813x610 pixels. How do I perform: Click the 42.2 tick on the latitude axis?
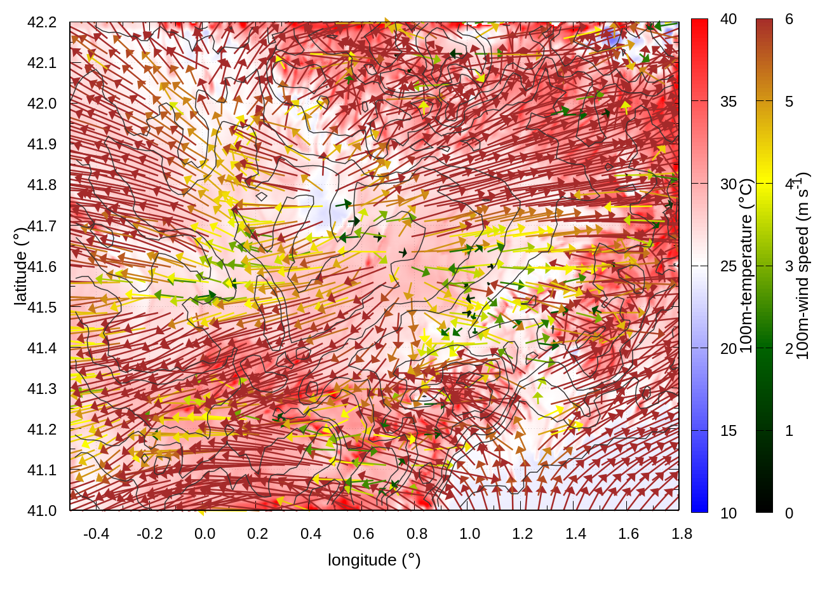pyautogui.click(x=42, y=22)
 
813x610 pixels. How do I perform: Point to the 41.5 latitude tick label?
pyautogui.click(x=42, y=308)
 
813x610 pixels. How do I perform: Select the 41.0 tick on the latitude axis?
pyautogui.click(x=42, y=511)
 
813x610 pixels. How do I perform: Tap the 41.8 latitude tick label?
pyautogui.click(x=42, y=185)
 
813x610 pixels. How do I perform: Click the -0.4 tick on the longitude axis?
pyautogui.click(x=96, y=534)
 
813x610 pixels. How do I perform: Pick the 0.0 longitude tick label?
pyautogui.click(x=205, y=534)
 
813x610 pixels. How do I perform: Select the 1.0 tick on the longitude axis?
pyautogui.click(x=469, y=534)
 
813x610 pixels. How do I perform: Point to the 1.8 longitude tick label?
pyautogui.click(x=682, y=534)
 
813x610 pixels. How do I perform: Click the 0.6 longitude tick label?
pyautogui.click(x=363, y=534)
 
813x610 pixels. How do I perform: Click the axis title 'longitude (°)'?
pyautogui.click(x=374, y=560)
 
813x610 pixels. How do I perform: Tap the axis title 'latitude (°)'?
pyautogui.click(x=20, y=266)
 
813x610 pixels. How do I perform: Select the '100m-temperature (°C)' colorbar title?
pyautogui.click(x=746, y=266)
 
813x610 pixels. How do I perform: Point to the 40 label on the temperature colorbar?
pyautogui.click(x=729, y=20)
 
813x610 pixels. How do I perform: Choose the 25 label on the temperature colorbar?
pyautogui.click(x=729, y=266)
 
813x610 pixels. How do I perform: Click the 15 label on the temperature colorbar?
pyautogui.click(x=729, y=431)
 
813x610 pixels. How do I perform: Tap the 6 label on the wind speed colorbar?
pyautogui.click(x=789, y=20)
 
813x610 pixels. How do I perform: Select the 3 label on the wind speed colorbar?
pyautogui.click(x=789, y=266)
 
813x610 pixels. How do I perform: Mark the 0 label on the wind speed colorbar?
pyautogui.click(x=789, y=513)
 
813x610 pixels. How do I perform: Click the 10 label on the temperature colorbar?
pyautogui.click(x=729, y=513)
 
